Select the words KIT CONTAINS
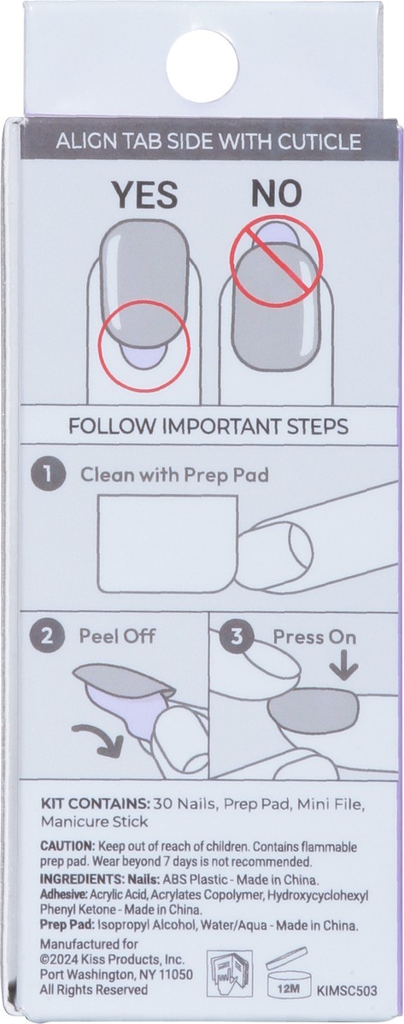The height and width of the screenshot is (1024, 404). [x=94, y=804]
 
